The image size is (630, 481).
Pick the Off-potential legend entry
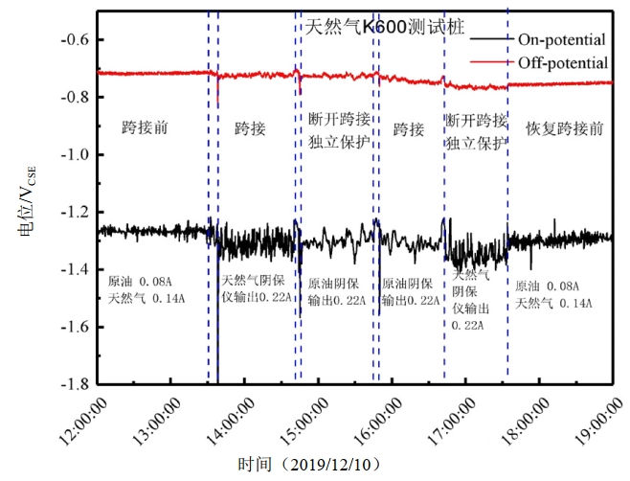[562, 63]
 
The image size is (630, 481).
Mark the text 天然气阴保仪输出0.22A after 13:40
[257, 288]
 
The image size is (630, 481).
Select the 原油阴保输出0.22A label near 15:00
[335, 292]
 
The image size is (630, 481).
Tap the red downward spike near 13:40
[217, 94]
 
